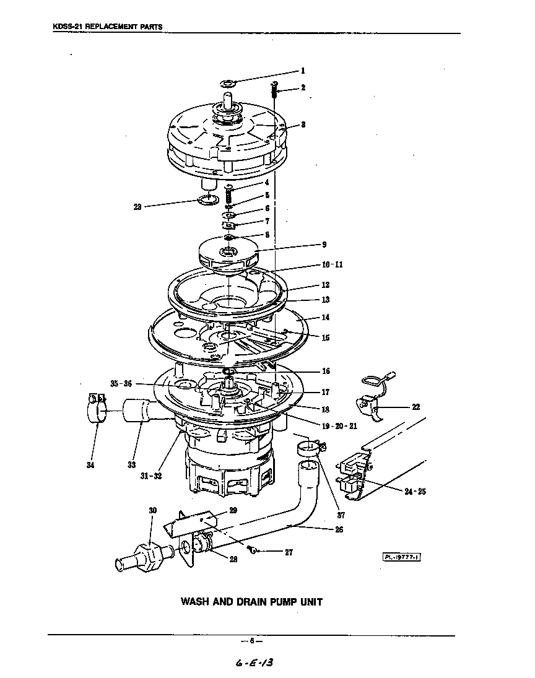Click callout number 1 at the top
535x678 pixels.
point(303,71)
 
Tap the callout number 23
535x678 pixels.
point(137,207)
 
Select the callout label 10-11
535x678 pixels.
point(331,264)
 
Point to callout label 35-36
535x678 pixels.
point(121,384)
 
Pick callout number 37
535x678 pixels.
point(341,515)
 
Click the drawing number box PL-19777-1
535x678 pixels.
point(401,557)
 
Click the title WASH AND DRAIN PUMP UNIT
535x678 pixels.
point(251,601)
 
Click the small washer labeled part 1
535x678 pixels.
point(228,83)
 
